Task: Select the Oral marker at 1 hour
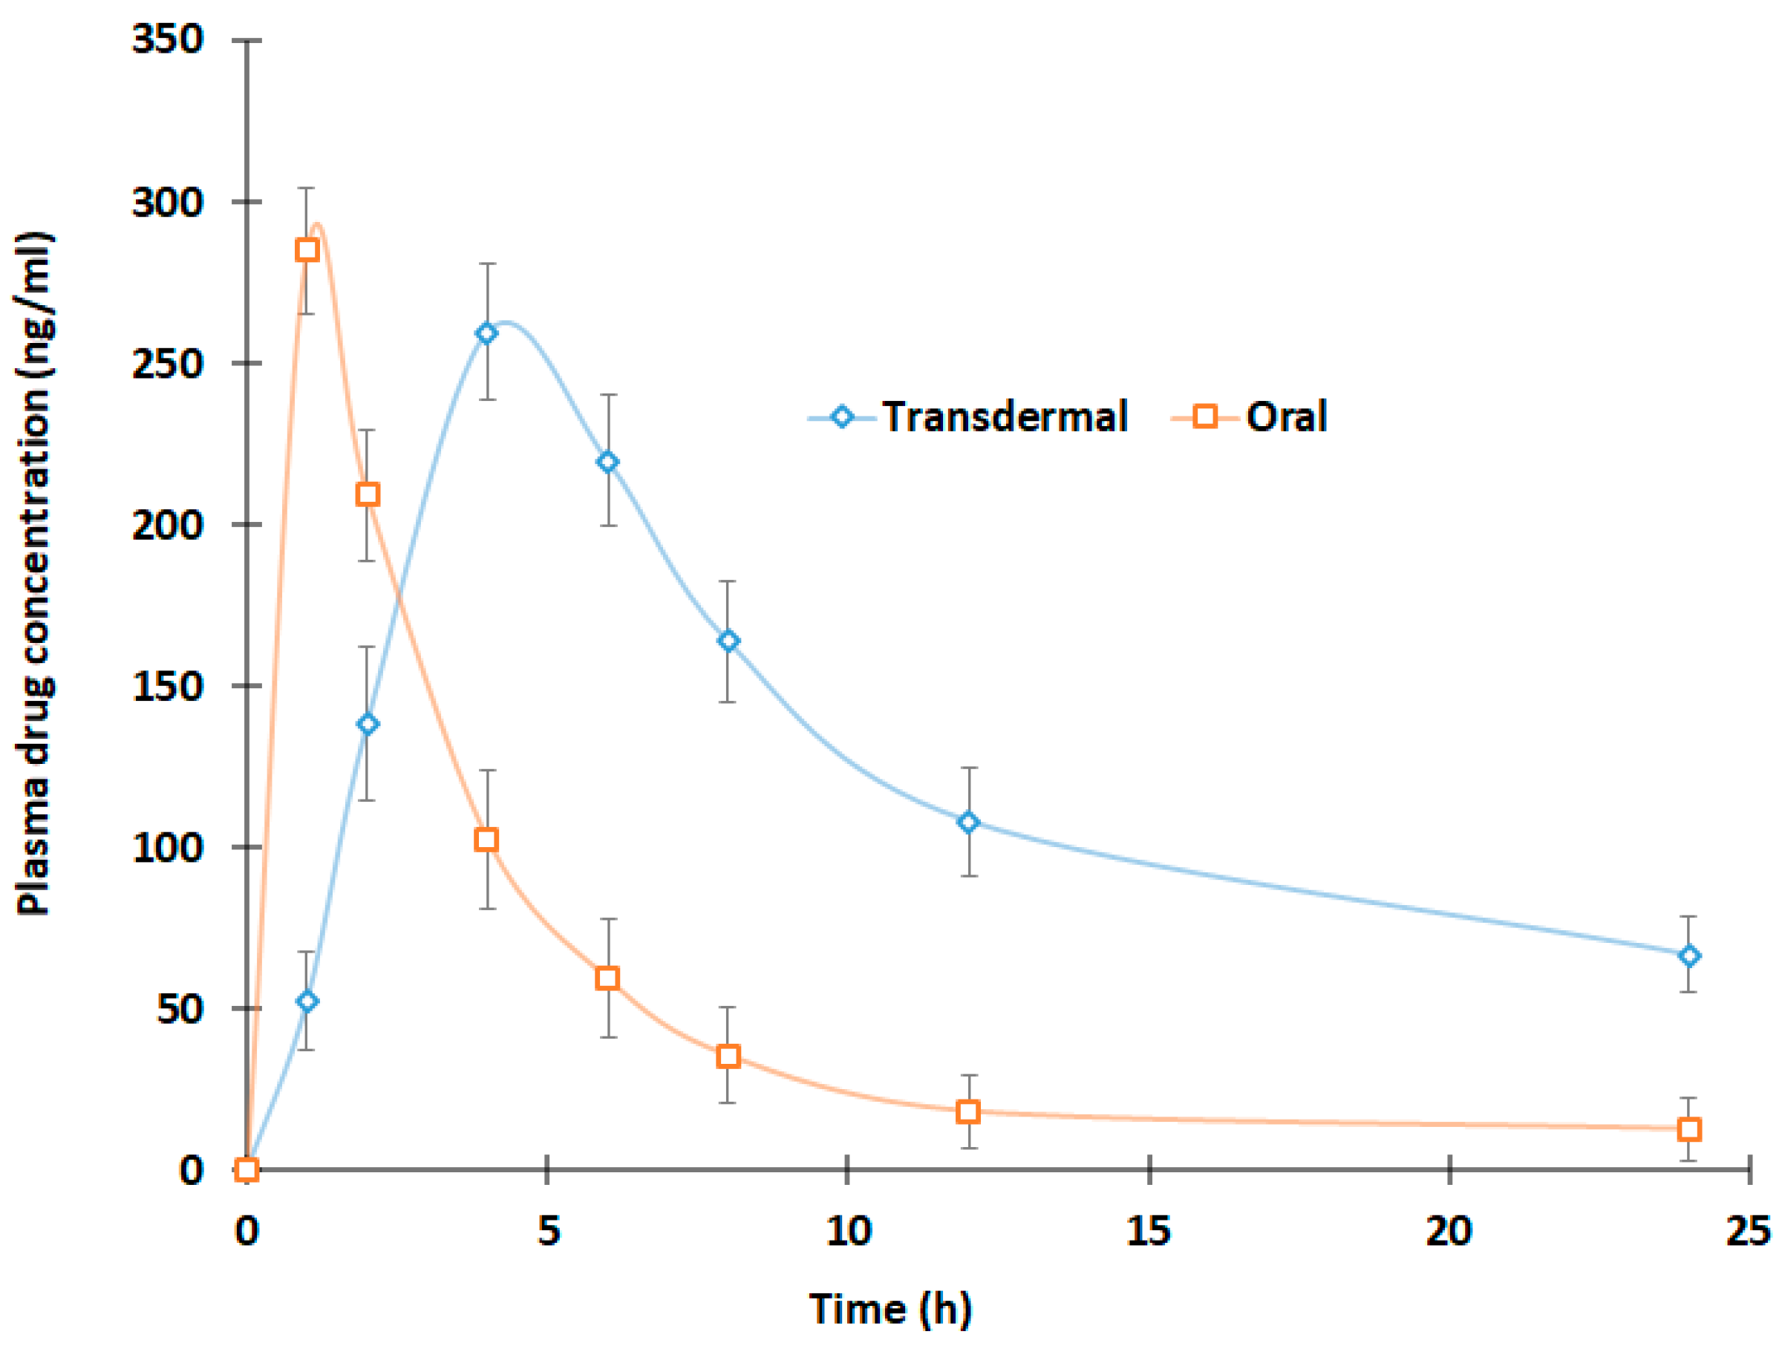[x=307, y=249]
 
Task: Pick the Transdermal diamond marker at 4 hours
[x=486, y=333]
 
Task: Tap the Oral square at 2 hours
[x=368, y=494]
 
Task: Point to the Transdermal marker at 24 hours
[x=1689, y=955]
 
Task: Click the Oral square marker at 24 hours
[x=1689, y=1129]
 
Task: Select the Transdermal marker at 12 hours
[x=968, y=822]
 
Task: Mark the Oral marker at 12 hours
[x=968, y=1111]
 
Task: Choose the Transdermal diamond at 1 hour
[x=307, y=1002]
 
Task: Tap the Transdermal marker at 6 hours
[x=607, y=462]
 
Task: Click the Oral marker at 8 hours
[x=728, y=1056]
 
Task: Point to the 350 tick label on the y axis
[x=168, y=39]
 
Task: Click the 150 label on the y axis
[x=168, y=685]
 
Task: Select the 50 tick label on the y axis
[x=179, y=1008]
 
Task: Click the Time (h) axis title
[x=890, y=1308]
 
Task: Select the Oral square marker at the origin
[x=247, y=1169]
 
